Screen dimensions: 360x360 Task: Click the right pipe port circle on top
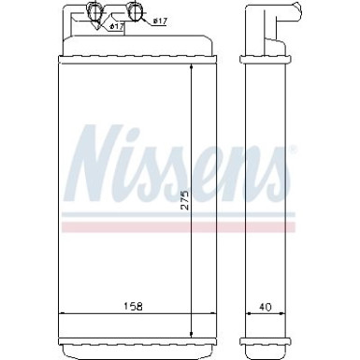(x=136, y=12)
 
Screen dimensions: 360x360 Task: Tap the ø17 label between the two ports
(x=117, y=26)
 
